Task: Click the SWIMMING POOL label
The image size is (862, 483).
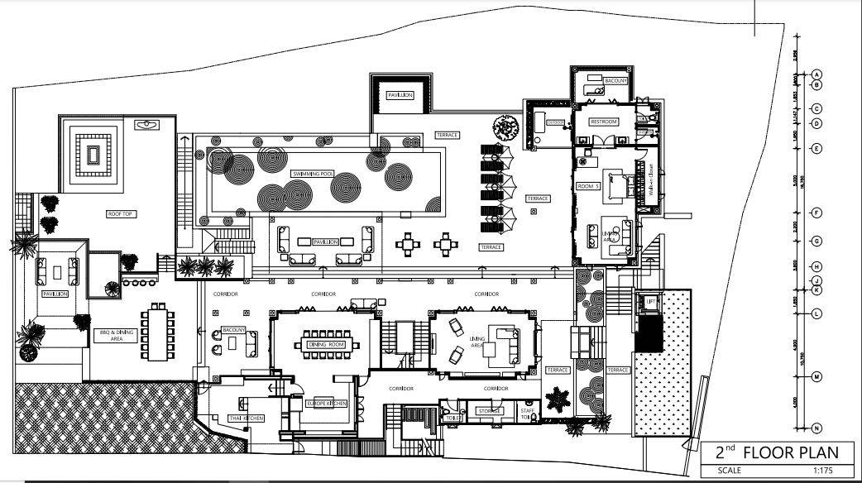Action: [x=313, y=175]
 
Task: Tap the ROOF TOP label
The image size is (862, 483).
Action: [x=121, y=213]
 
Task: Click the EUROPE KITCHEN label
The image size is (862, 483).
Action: [x=325, y=403]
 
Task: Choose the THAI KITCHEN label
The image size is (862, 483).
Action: [x=246, y=418]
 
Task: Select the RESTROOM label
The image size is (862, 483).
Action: [x=604, y=122]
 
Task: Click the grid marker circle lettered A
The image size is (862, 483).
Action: [x=816, y=73]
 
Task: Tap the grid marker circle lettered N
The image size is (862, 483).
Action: [x=816, y=428]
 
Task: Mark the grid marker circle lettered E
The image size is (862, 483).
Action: [x=816, y=149]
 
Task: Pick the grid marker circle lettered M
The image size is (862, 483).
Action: [x=816, y=377]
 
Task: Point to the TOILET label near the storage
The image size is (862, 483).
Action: [x=453, y=418]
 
